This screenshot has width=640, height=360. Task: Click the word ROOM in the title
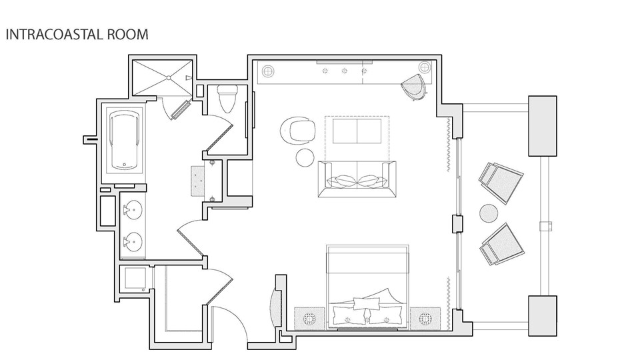click(128, 34)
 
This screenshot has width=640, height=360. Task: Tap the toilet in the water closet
click(227, 99)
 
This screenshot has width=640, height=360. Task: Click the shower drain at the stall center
click(168, 77)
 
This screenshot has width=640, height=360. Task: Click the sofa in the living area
click(357, 179)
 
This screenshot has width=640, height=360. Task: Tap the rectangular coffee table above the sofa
click(357, 131)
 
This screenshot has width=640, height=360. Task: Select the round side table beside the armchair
click(305, 157)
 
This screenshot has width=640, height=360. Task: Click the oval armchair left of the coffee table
click(298, 131)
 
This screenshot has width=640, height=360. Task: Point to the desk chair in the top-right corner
click(414, 87)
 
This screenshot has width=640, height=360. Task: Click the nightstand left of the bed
click(310, 318)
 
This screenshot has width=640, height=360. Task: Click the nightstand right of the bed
click(425, 318)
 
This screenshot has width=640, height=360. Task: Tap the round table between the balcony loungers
click(489, 213)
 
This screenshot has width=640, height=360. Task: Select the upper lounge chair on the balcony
click(501, 183)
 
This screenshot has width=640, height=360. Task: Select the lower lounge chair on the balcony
click(501, 244)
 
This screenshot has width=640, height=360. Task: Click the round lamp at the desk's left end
click(268, 71)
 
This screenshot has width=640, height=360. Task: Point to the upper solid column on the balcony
click(543, 126)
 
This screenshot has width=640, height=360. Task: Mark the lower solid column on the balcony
click(543, 316)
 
